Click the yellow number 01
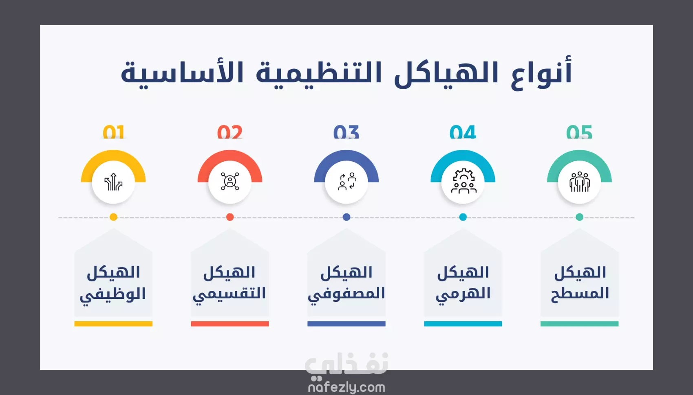[x=114, y=133]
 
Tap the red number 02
[x=230, y=133]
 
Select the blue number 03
[x=346, y=133]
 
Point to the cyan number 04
[x=463, y=133]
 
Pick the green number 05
[x=579, y=133]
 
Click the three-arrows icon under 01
[x=113, y=182]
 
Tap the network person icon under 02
[x=230, y=181]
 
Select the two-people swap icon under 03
[x=347, y=182]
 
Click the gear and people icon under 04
[x=463, y=181]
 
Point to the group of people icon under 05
[x=580, y=182]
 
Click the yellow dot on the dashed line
[x=114, y=217]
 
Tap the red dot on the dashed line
[x=230, y=217]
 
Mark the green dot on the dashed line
[x=579, y=217]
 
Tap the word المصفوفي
[x=346, y=294]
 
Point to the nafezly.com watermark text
[x=346, y=387]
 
